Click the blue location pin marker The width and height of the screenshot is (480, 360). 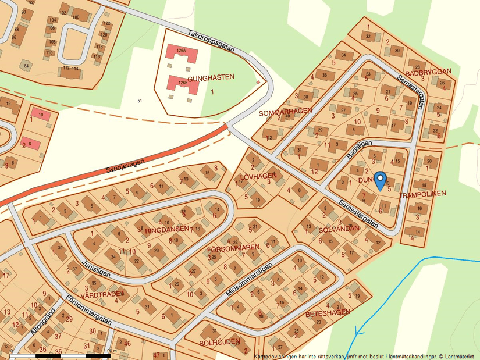(x=380, y=180)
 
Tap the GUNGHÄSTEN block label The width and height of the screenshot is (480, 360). (x=211, y=77)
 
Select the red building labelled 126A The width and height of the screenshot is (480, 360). (x=182, y=54)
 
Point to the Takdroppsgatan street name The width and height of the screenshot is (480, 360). (x=210, y=41)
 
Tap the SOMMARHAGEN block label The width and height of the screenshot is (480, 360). (x=285, y=111)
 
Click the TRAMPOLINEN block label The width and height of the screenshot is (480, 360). (x=422, y=193)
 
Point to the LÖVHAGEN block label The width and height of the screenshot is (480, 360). (x=258, y=176)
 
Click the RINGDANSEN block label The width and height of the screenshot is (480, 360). (x=168, y=229)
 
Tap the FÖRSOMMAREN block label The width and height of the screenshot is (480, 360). (x=233, y=248)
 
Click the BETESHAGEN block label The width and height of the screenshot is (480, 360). (x=328, y=313)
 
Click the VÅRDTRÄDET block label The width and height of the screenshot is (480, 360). (x=103, y=294)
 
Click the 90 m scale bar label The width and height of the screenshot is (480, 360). (x=112, y=351)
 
